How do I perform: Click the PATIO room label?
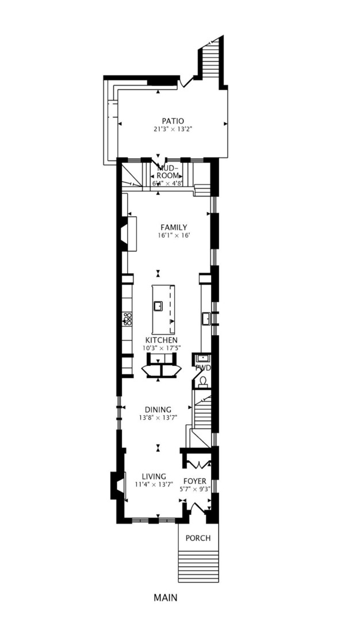coord(173,121)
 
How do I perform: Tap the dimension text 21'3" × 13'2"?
coord(173,129)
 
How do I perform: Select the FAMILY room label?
coord(174,227)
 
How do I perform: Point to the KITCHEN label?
coord(161,340)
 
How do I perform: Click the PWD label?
coord(203,367)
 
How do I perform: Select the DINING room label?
coord(158,409)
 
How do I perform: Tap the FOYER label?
coord(195,481)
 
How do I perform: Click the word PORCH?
coord(197,538)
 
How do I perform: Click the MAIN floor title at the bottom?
coord(165,597)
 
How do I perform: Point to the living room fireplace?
coord(117,484)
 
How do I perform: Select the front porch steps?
coord(198,566)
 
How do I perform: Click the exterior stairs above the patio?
coord(210,60)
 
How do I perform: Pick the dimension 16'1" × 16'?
coord(174,235)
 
